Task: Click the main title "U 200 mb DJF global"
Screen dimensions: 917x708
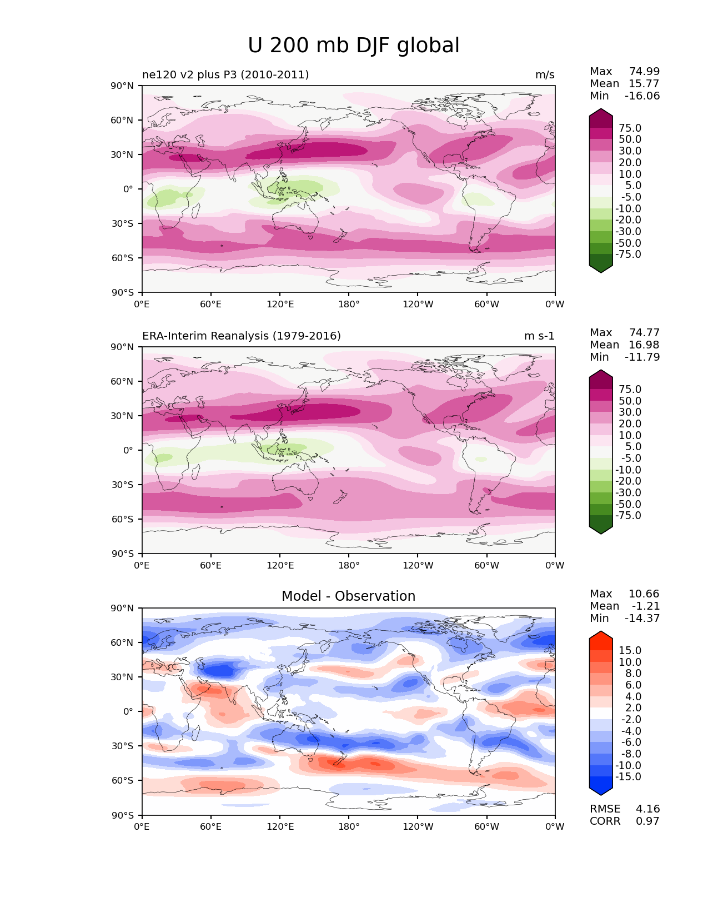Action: point(354,46)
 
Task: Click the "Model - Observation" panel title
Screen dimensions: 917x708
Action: point(348,596)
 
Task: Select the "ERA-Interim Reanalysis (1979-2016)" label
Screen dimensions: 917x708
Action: point(242,336)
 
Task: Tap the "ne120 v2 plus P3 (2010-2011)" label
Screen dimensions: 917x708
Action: point(225,75)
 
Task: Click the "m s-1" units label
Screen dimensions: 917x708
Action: point(539,336)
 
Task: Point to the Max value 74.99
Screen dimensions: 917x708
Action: point(644,72)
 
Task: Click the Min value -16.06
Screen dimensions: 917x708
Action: point(642,96)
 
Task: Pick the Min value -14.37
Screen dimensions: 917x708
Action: point(642,619)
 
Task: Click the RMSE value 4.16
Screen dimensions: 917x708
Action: point(647,809)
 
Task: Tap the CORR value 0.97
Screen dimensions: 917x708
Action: point(647,821)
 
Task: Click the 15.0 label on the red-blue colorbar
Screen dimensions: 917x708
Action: point(630,651)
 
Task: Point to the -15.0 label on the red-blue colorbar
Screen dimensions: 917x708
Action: point(628,777)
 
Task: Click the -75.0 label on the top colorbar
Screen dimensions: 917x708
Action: point(628,255)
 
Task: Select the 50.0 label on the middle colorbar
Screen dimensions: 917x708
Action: point(630,401)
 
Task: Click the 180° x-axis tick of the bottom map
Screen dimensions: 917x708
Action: point(349,827)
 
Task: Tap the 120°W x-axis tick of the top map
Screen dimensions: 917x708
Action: point(418,305)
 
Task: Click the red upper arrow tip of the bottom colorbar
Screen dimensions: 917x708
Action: point(601,635)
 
